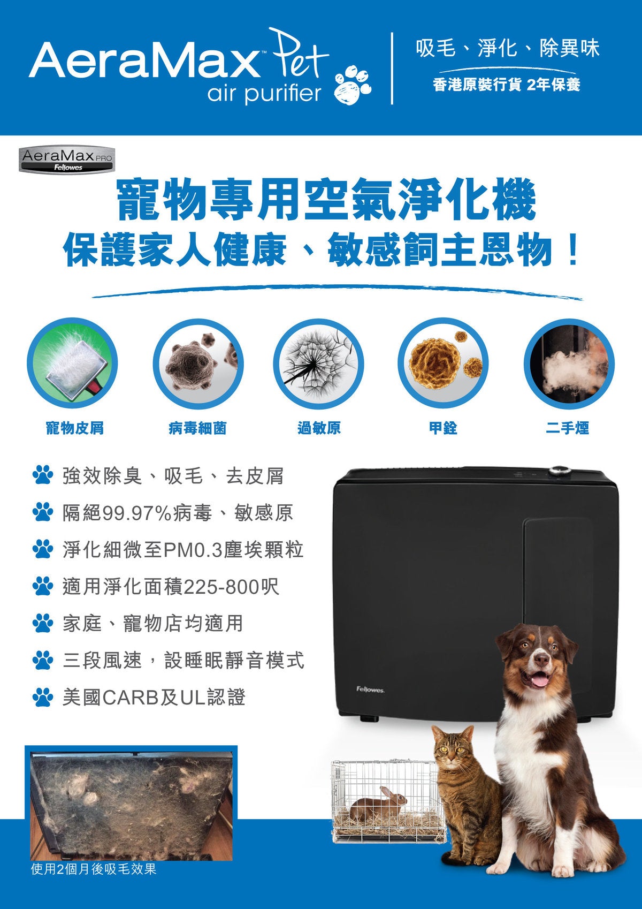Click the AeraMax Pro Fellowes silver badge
click(x=66, y=160)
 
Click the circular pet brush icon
click(x=72, y=364)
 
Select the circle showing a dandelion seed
click(x=319, y=364)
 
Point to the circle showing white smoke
click(x=569, y=364)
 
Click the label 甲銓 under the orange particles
click(x=444, y=428)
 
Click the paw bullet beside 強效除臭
click(x=43, y=475)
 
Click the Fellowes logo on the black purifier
click(x=370, y=690)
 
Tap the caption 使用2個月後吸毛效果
click(x=94, y=884)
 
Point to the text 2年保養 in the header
click(x=553, y=85)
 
